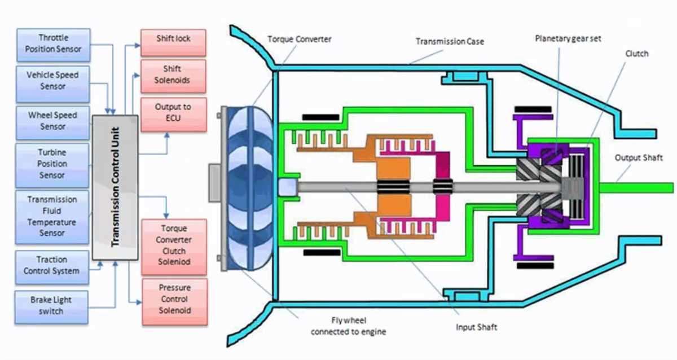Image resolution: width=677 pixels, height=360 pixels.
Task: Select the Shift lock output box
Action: [173, 39]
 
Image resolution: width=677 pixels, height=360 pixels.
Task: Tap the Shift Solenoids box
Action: [173, 74]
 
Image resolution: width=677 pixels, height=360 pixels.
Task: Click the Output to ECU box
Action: [173, 112]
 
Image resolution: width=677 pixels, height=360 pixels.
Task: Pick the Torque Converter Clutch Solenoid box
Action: [174, 245]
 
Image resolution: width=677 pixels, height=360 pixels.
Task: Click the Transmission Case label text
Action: [450, 41]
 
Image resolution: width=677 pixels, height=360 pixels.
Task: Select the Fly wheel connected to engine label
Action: [348, 326]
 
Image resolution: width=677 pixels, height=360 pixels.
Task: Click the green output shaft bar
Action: [638, 187]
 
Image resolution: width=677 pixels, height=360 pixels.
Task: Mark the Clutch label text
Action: [637, 54]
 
